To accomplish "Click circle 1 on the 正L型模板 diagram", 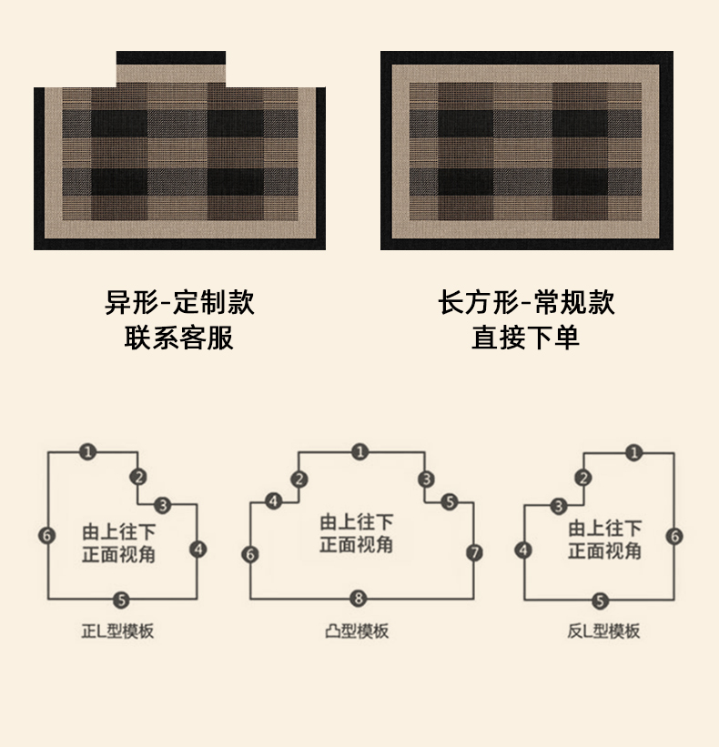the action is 86,451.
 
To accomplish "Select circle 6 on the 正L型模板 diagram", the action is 47,535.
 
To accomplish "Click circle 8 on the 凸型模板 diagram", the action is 359,599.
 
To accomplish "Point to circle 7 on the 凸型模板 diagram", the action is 474,552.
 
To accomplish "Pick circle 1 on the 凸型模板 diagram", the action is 360,451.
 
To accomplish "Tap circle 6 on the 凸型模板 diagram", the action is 251,554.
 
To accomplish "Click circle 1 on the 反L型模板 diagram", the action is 634,452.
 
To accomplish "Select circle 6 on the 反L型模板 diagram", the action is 674,536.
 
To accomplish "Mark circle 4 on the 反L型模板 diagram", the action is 522,550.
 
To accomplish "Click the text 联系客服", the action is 179,338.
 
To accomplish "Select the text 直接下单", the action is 526,338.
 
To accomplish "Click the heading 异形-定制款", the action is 179,302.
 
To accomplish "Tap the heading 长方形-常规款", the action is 526,302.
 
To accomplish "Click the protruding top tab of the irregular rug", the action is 171,69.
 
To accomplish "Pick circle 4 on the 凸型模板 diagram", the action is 274,500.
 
